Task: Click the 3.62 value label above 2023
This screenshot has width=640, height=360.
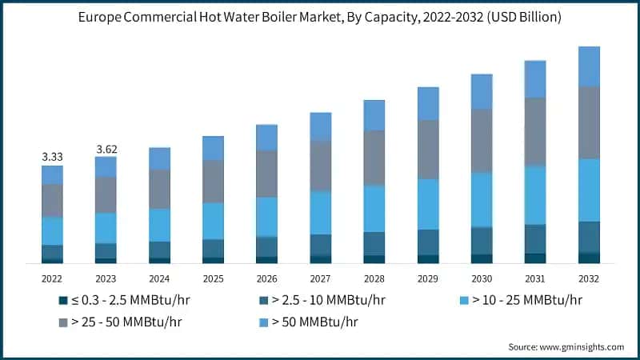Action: click(106, 149)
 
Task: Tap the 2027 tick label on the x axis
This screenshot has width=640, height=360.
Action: click(320, 278)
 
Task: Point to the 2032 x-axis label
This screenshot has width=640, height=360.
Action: click(589, 278)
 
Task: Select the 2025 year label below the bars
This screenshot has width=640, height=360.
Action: click(213, 278)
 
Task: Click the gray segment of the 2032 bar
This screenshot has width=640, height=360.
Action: click(589, 122)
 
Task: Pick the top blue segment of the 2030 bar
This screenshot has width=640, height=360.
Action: click(482, 91)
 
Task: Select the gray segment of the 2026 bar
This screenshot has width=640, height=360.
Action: click(266, 174)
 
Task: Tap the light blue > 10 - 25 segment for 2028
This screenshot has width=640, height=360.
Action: click(374, 209)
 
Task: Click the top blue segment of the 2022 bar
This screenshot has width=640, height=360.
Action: click(52, 175)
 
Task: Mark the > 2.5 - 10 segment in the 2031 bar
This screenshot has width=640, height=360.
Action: click(535, 238)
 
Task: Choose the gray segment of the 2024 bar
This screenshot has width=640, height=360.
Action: click(159, 190)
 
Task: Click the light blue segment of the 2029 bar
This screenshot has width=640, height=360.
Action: click(428, 204)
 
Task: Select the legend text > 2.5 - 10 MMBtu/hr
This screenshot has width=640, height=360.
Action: click(328, 301)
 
